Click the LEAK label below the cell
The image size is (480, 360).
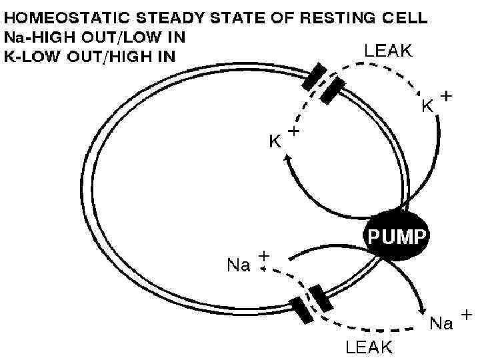[x=369, y=346]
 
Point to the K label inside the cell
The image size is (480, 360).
[x=274, y=141]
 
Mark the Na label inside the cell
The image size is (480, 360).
[x=239, y=265]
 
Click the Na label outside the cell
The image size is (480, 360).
[x=441, y=323]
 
